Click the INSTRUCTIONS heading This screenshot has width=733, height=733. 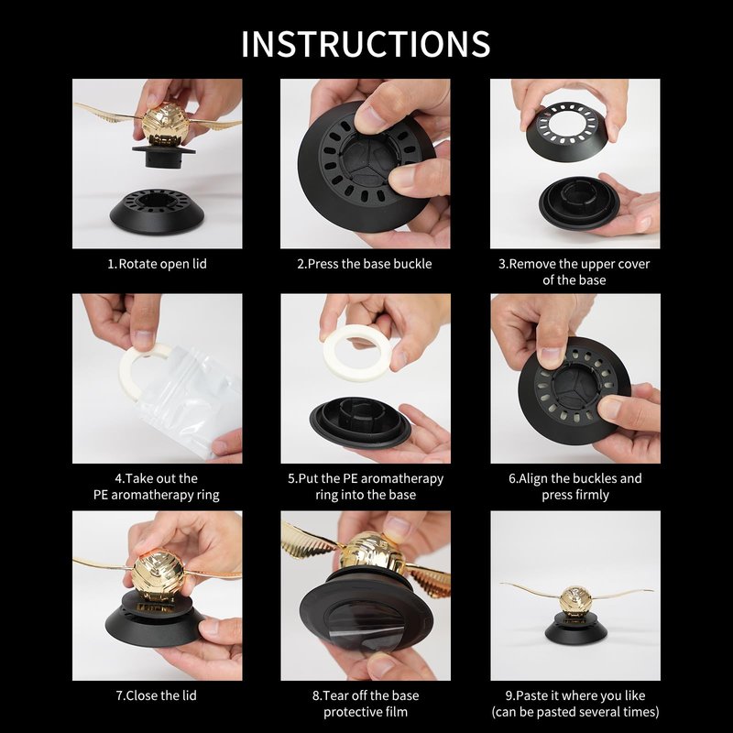(x=366, y=44)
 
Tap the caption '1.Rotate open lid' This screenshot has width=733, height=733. (x=157, y=264)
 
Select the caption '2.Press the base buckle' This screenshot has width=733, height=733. (x=365, y=264)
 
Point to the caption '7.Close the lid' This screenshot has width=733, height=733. (x=157, y=695)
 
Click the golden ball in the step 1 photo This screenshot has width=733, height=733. (x=165, y=124)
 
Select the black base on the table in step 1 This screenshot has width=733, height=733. (x=157, y=212)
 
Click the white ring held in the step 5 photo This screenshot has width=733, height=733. (x=356, y=353)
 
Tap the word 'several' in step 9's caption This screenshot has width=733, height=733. (x=602, y=713)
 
